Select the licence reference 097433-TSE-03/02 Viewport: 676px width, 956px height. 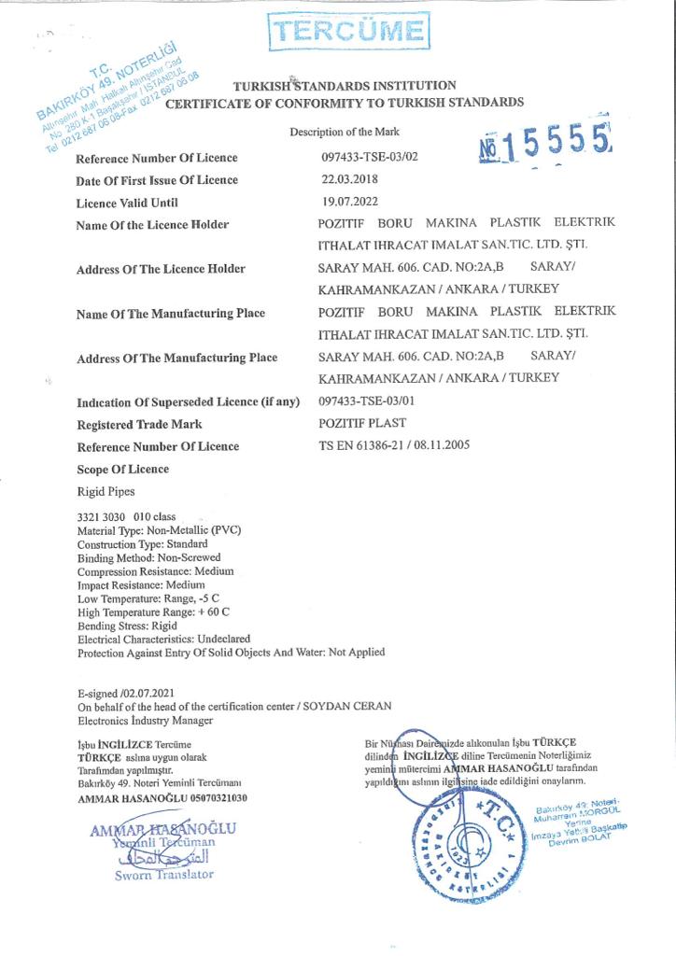click(369, 158)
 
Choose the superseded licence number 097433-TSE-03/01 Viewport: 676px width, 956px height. click(368, 401)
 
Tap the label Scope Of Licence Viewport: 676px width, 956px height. click(123, 469)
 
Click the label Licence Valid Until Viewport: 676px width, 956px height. click(127, 203)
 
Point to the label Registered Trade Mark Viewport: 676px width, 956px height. click(140, 424)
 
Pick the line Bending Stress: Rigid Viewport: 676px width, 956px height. click(127, 626)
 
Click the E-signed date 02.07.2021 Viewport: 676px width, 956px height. click(148, 693)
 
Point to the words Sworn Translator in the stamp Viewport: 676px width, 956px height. click(163, 875)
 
